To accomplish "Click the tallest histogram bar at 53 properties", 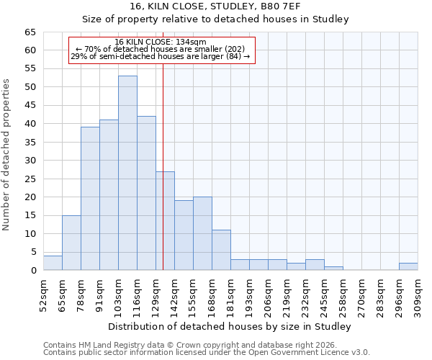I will (x=127, y=173).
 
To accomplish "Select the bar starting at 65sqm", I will (x=71, y=243).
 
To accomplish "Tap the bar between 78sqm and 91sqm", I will (x=90, y=199).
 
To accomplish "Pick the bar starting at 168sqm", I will (x=221, y=250).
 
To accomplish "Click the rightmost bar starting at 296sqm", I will (x=408, y=266).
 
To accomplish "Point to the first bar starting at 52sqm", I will (x=53, y=263).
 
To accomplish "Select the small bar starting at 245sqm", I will (x=333, y=268).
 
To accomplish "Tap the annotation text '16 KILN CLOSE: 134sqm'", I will (x=161, y=42).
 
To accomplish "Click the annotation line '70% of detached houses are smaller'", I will (x=161, y=49).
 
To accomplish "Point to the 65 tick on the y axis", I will (x=30, y=32).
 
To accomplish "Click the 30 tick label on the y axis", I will (x=30, y=161).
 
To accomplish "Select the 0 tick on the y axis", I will (x=33, y=271).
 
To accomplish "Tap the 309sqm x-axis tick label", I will (x=418, y=293).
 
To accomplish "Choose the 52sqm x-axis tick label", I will (x=43, y=293).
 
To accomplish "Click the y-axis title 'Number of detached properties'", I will (x=7, y=155).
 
